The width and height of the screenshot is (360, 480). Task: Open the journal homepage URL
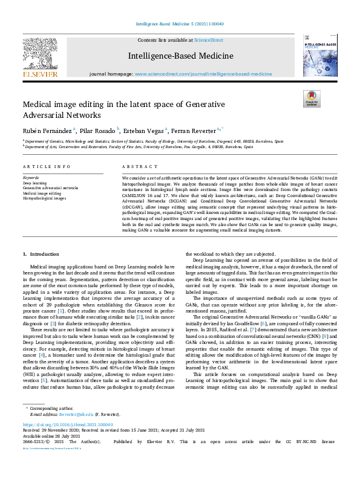(x=203, y=73)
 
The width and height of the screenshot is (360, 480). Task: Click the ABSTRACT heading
(x=135, y=166)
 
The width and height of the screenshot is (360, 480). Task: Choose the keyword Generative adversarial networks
(x=50, y=188)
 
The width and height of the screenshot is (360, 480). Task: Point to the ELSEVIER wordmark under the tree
(x=40, y=74)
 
